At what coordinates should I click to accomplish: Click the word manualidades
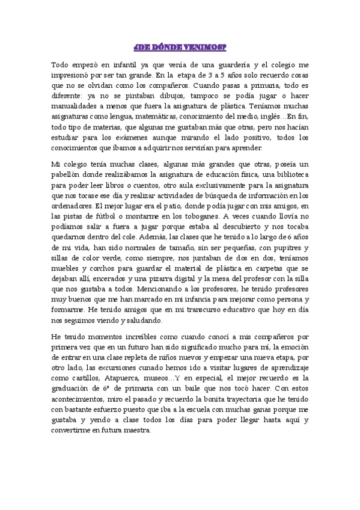pyautogui.click(x=75, y=106)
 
